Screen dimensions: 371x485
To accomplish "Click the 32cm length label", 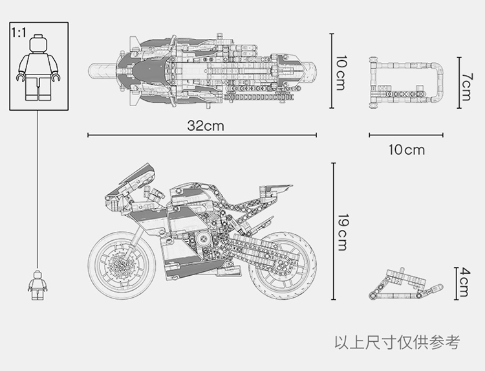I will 206,126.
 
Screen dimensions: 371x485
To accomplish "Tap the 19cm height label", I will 341,232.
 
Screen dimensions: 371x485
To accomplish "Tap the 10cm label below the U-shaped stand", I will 406,150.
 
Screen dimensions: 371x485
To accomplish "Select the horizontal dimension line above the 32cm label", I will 202,135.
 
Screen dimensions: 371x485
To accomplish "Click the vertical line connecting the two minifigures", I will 38,188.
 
